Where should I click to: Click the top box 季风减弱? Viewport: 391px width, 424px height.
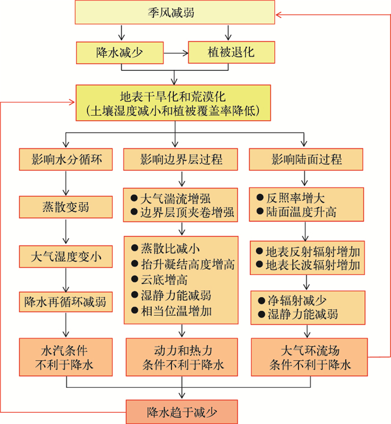[175, 13]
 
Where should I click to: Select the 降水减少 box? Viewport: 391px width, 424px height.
[118, 53]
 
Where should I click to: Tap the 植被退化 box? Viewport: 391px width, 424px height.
[231, 53]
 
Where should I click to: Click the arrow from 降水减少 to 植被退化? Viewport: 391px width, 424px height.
[174, 53]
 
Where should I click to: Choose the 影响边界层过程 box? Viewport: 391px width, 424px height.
[180, 160]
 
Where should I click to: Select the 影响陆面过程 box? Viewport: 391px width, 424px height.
[306, 160]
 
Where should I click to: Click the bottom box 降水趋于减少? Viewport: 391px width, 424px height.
[182, 413]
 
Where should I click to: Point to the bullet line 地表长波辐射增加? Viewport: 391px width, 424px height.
[309, 264]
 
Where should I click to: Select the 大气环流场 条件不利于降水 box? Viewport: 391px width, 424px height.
[309, 358]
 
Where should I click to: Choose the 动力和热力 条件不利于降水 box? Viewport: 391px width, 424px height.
[182, 358]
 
